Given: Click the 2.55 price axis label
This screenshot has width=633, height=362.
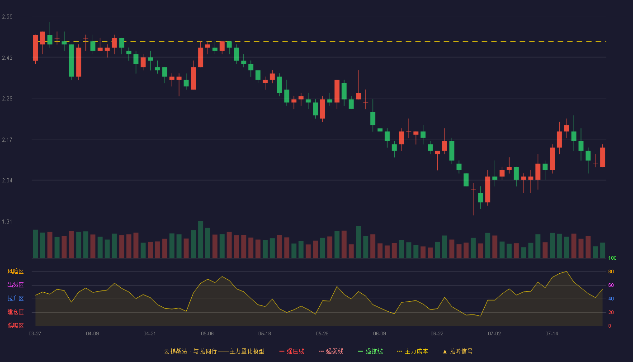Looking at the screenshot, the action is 7,17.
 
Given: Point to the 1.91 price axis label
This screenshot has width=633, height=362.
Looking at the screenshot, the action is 7,221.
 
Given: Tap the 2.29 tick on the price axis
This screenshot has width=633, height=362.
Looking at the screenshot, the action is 7,99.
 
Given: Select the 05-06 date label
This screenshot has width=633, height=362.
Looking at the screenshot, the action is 207,334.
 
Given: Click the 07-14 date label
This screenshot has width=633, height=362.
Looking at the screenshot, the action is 552,334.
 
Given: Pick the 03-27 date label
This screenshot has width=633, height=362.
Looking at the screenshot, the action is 35,334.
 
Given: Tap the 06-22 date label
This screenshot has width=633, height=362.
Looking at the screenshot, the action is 437,334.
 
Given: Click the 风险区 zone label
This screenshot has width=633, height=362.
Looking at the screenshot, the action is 15,271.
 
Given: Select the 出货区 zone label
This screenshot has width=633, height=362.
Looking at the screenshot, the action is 15,285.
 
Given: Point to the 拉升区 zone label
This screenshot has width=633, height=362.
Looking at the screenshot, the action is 15,298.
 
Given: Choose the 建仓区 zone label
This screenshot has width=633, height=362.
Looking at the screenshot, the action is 15,312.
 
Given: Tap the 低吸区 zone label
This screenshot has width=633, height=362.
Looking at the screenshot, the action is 15,325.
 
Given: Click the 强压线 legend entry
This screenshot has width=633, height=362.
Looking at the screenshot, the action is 292,351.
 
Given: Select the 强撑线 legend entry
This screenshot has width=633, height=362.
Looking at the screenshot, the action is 370,351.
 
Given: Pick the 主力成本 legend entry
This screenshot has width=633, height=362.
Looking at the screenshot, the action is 412,351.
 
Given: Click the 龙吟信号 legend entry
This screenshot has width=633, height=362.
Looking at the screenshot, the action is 458,351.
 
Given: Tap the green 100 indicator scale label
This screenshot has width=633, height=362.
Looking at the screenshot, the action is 612,258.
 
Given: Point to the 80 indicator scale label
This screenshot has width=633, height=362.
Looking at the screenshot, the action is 611,271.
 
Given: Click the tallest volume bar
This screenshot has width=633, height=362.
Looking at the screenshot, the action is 201,239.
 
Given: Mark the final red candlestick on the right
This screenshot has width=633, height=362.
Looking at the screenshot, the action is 602,157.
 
